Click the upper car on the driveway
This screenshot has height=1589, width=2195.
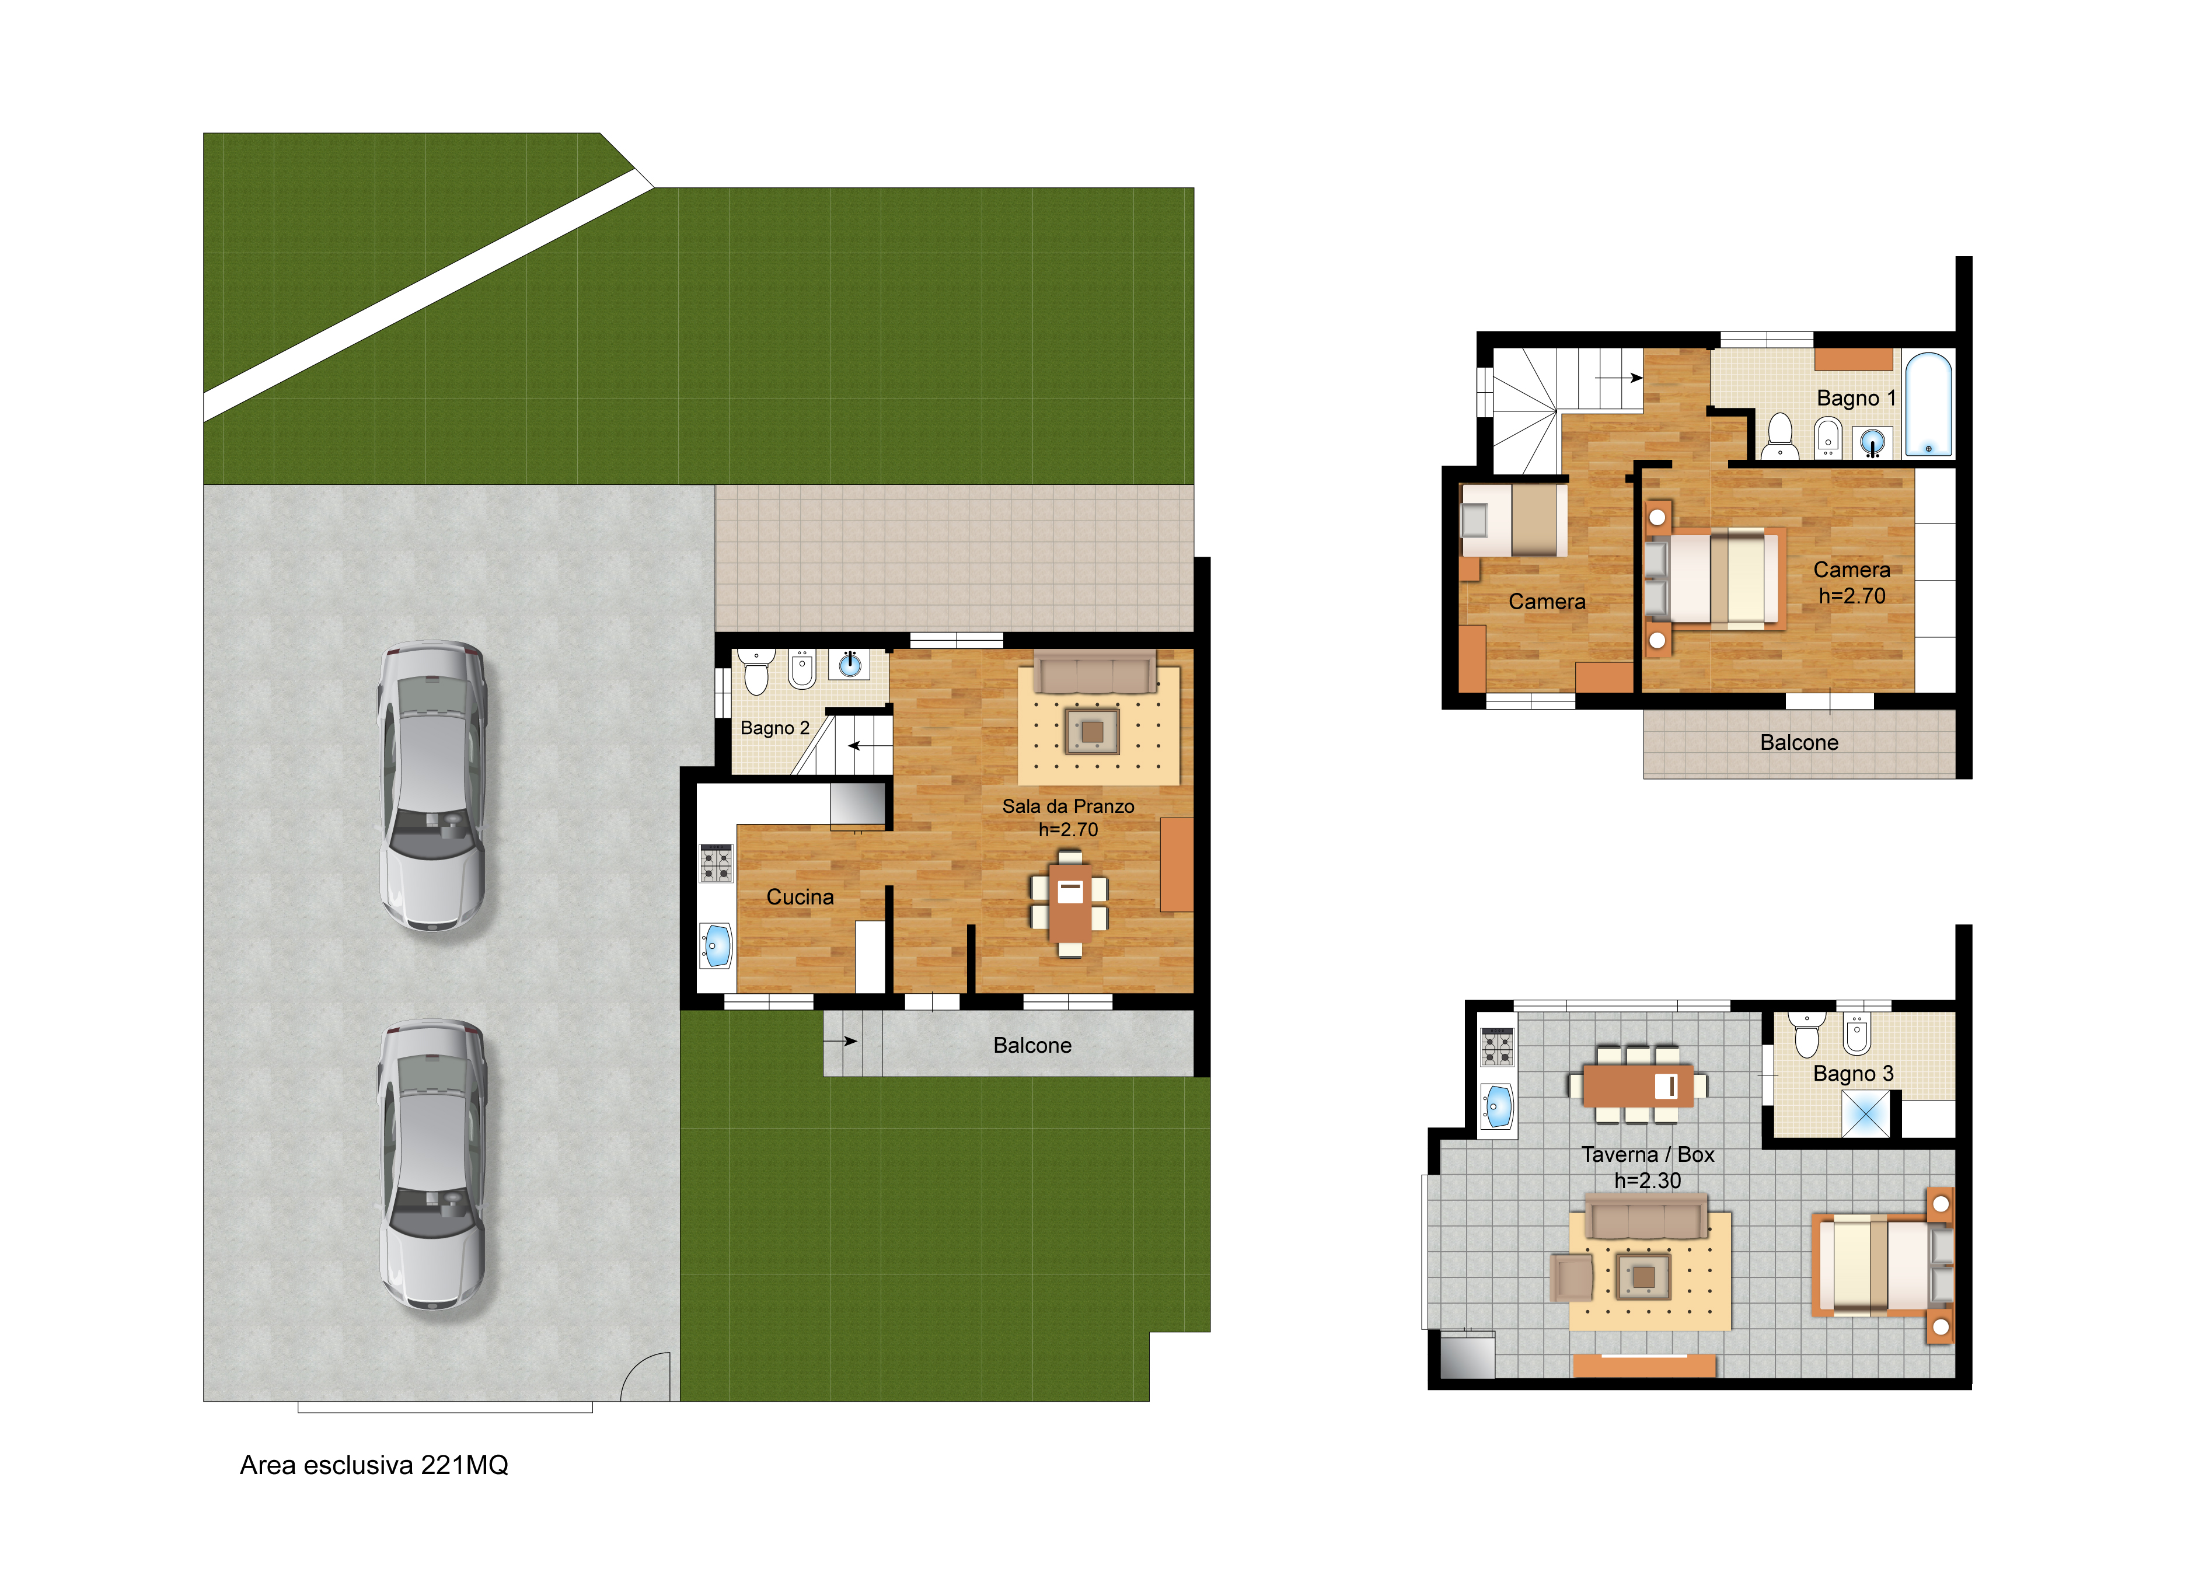(x=432, y=786)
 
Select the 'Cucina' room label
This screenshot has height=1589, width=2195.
(x=800, y=897)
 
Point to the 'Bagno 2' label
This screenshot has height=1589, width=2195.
(x=774, y=728)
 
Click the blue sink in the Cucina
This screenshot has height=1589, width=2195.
(x=716, y=945)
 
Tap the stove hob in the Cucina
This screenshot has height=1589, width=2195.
(x=716, y=863)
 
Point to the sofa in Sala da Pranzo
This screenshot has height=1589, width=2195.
(x=1095, y=672)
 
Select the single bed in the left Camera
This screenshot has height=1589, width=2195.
(x=1513, y=520)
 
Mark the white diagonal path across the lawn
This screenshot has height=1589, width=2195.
(x=428, y=295)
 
